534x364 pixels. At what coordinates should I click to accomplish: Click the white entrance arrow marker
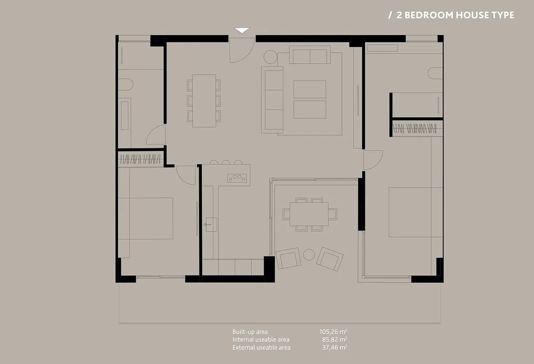(242, 30)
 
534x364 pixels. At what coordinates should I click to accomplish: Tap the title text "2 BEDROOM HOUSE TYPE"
(455, 15)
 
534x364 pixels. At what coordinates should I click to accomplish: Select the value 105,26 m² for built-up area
(333, 332)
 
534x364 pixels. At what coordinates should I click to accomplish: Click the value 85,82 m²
(334, 339)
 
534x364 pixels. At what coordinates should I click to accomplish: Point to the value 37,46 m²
(334, 347)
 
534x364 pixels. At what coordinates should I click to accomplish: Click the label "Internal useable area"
(261, 339)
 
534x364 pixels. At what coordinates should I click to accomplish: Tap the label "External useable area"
(262, 347)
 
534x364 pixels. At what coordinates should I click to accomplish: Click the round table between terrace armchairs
(309, 255)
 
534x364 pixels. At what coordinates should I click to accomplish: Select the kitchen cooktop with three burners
(237, 178)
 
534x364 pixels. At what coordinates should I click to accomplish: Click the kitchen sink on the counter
(211, 225)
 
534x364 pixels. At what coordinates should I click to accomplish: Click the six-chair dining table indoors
(204, 101)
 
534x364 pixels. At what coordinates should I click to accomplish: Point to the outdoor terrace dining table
(309, 214)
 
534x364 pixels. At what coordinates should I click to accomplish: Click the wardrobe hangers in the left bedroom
(140, 159)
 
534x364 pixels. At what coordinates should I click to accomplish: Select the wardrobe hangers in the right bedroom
(414, 129)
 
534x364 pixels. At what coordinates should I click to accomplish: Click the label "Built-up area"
(250, 332)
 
